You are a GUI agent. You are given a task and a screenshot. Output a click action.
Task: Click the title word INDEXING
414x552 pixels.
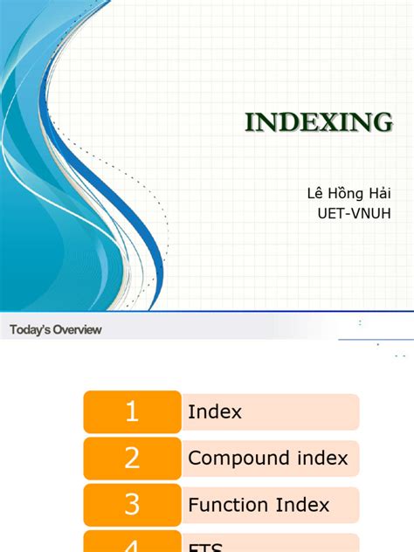coord(318,123)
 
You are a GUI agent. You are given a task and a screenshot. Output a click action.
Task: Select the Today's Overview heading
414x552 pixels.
coord(56,329)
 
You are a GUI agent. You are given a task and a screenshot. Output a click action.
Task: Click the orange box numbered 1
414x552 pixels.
coord(132,411)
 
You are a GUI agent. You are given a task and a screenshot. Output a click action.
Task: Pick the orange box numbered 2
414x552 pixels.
coord(132,458)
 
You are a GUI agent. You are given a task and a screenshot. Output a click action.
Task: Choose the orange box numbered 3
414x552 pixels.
coord(132,504)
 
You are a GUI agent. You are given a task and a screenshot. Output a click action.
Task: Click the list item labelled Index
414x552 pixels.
coord(215,411)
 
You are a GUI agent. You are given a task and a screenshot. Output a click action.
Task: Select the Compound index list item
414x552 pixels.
coord(268,458)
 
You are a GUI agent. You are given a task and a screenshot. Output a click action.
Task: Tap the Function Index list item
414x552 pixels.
coord(259,504)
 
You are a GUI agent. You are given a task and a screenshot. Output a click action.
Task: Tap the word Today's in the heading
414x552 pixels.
coord(28,329)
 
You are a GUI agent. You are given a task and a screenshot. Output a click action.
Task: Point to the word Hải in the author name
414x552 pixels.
coord(381,193)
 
